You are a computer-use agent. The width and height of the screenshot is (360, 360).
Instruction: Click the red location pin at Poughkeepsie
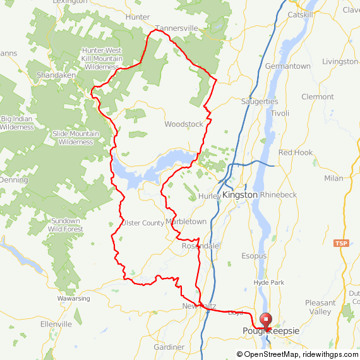265,321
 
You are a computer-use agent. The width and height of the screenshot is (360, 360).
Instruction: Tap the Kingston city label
239,195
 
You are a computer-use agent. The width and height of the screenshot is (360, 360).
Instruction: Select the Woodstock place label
184,124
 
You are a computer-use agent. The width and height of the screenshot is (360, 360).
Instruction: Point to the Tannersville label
176,28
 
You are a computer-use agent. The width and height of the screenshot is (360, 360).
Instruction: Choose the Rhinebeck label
278,195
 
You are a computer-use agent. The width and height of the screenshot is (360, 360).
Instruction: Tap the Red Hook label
296,153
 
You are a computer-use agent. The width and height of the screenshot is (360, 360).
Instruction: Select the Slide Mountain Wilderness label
76,138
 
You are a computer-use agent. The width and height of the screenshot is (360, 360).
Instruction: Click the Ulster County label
143,223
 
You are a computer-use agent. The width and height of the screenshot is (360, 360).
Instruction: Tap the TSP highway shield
341,243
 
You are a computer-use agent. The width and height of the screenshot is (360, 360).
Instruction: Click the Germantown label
288,66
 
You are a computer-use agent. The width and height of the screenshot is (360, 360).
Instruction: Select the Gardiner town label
169,347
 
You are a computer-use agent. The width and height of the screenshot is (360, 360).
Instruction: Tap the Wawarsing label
74,298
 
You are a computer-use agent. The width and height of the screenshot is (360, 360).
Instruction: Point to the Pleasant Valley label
320,307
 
